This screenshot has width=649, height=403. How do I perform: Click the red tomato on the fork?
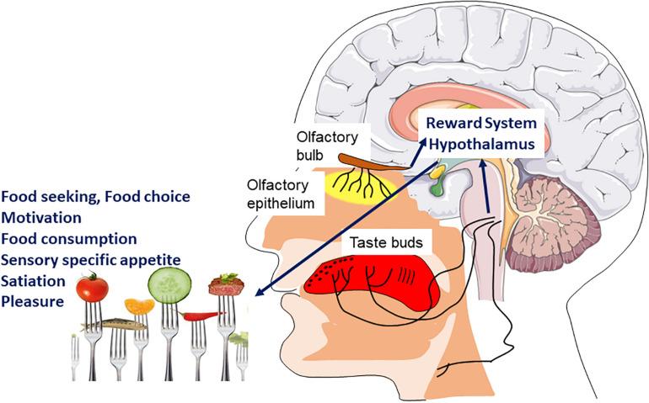click(x=91, y=289)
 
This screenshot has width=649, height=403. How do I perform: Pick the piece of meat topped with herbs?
click(x=227, y=284)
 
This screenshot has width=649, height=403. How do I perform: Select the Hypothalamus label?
click(x=481, y=145)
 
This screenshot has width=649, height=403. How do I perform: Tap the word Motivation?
click(x=40, y=217)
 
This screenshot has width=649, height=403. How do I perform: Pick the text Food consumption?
click(x=68, y=238)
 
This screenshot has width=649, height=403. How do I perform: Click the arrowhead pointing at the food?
click(x=258, y=294)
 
